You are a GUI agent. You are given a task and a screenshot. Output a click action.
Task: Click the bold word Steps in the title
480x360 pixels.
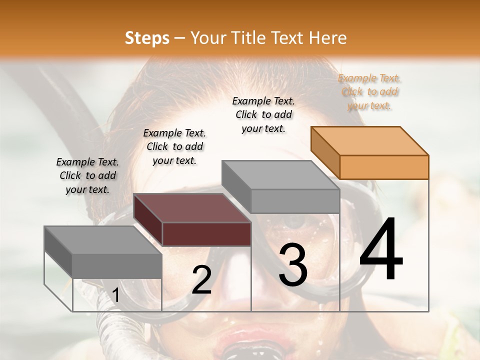[x=147, y=38]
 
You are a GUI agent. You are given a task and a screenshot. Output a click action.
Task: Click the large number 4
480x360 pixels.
[x=381, y=250]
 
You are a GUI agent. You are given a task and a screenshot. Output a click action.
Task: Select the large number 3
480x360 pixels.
[x=293, y=265]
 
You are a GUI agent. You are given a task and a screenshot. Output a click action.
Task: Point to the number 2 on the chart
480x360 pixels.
[x=201, y=280]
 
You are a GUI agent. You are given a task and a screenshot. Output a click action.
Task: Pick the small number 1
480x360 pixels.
[x=115, y=296]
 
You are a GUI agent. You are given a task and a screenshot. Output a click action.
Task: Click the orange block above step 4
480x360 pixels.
[x=370, y=153]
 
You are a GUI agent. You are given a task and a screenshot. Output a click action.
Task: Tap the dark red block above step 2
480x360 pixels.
[x=192, y=220]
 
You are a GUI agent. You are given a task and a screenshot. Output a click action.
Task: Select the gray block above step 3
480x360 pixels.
[x=281, y=187]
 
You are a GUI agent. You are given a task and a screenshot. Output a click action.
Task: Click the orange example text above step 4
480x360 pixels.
[x=369, y=92]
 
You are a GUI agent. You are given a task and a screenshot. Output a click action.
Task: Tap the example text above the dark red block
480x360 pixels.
[x=174, y=146]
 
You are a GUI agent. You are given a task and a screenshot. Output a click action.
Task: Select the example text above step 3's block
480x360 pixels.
[x=263, y=114]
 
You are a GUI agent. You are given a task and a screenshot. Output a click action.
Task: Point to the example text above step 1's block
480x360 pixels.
[x=87, y=175]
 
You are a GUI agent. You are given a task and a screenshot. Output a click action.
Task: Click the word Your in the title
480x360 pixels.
[x=205, y=38]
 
